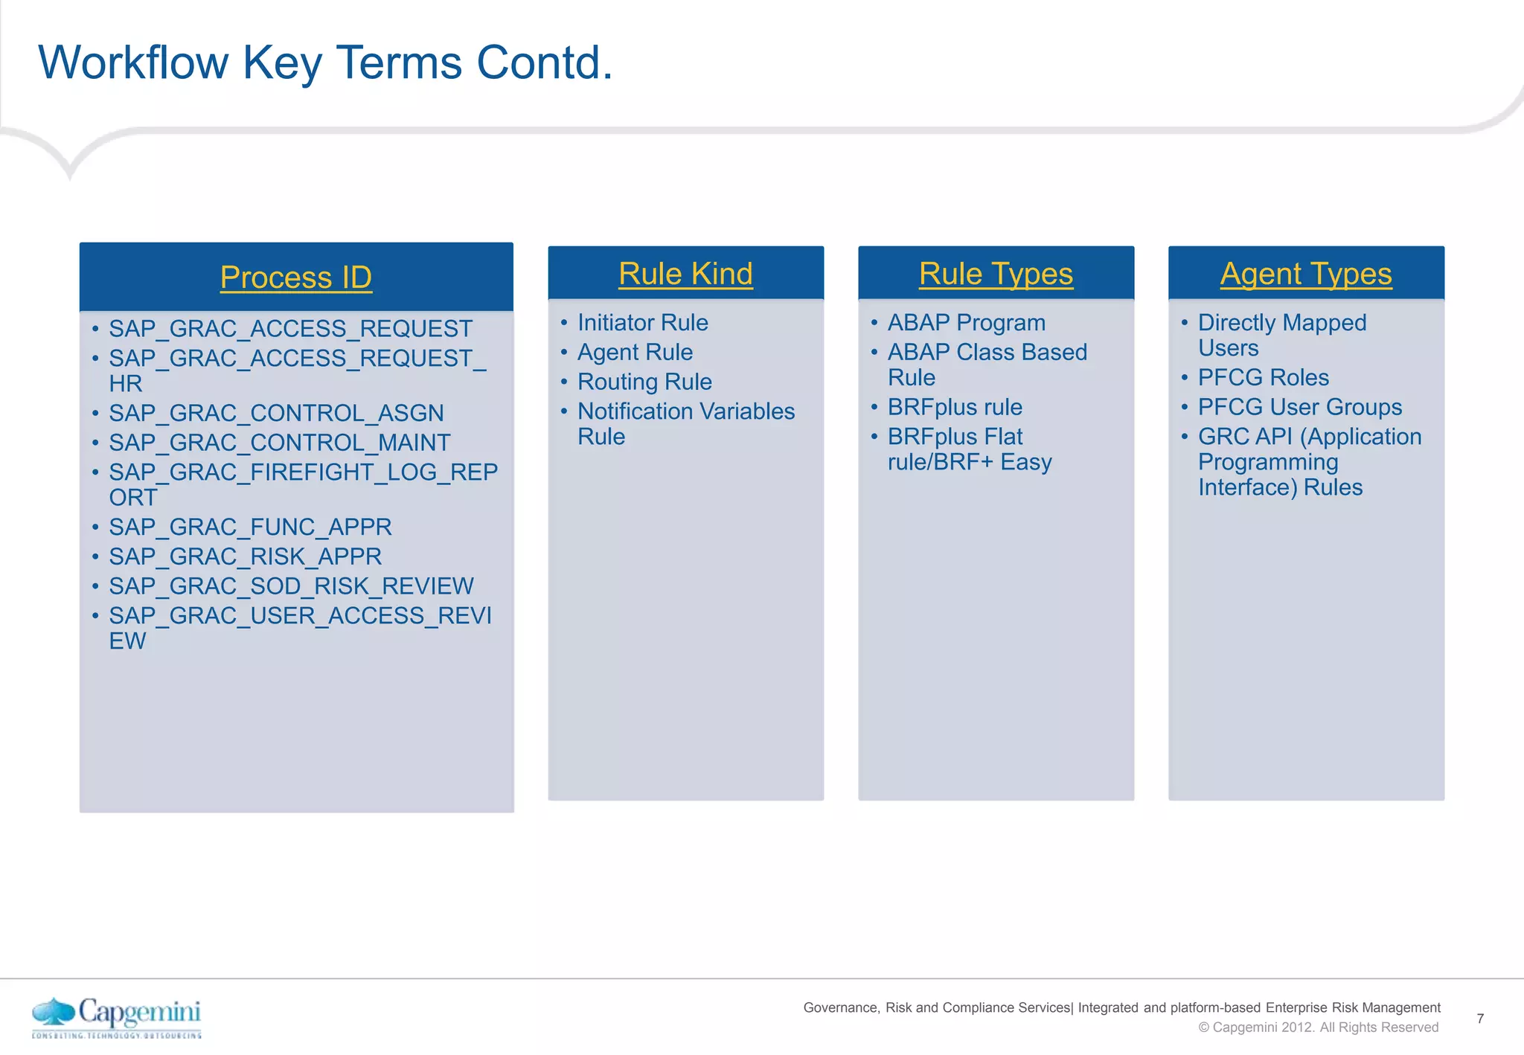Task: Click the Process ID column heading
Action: [x=295, y=278]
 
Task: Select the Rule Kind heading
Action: [x=685, y=274]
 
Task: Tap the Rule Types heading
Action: [x=996, y=274]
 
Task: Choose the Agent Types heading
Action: [x=1306, y=274]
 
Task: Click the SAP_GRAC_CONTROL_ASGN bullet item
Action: [x=276, y=413]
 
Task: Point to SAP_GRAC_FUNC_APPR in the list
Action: [x=250, y=527]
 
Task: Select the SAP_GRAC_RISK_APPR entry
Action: [x=245, y=557]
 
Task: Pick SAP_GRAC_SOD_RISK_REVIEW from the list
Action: [x=291, y=586]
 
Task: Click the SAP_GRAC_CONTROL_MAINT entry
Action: [x=279, y=443]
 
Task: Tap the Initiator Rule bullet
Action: [x=642, y=323]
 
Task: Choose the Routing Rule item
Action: [x=644, y=382]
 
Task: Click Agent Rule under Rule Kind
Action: [x=635, y=352]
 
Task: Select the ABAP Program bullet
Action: [x=966, y=323]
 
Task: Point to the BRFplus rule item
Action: [x=955, y=407]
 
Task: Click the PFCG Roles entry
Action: [x=1263, y=377]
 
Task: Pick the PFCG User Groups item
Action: [x=1299, y=407]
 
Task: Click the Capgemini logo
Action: [x=117, y=1016]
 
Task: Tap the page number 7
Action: [x=1480, y=1019]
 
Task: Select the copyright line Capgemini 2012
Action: [x=1318, y=1027]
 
